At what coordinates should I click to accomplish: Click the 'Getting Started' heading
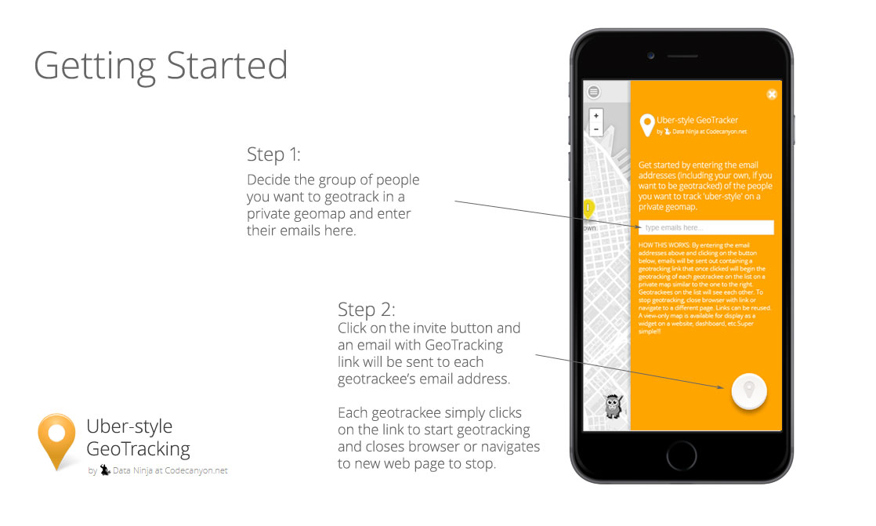point(161,67)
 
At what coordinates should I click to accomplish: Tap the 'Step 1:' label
point(273,154)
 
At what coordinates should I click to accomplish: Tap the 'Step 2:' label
point(367,309)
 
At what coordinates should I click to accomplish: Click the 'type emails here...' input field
point(706,227)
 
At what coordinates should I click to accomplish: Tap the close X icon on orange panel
point(772,95)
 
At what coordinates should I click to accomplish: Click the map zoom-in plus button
point(596,116)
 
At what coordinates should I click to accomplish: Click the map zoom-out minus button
point(596,129)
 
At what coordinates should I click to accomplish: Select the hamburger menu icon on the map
point(593,92)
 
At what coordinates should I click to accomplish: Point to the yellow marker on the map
point(588,209)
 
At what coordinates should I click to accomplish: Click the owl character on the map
point(614,406)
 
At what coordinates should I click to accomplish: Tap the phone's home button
point(682,455)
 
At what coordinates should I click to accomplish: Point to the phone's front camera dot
point(651,56)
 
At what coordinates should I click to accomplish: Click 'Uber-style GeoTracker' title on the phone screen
point(697,120)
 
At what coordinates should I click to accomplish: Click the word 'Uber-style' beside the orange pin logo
point(129,426)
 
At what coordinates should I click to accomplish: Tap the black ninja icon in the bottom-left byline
point(105,470)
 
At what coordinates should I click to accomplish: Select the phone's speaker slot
point(682,56)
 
